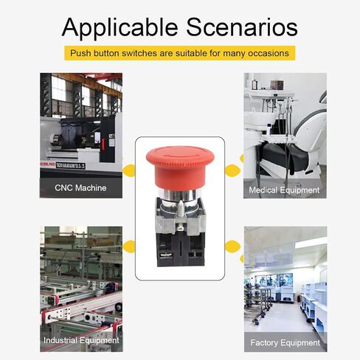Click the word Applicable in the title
[120, 27]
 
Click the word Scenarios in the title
[242, 27]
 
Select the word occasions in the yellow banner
[269, 53]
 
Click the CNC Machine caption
[80, 188]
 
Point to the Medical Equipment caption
[284, 190]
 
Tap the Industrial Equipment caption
[81, 340]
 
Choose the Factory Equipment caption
[285, 342]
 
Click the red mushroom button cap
[180, 167]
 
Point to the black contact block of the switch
[181, 249]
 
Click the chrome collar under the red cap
[180, 195]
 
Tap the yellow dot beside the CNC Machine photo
[129, 170]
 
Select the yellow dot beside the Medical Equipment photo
[232, 170]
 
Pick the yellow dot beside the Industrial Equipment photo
[129, 247]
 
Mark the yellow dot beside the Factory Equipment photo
[232, 247]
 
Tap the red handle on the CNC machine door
[103, 145]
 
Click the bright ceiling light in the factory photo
[311, 243]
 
